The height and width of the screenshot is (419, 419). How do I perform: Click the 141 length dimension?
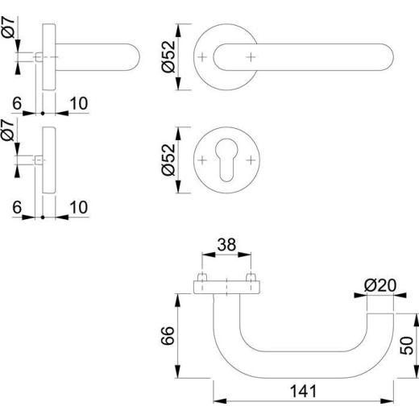pyautogui.click(x=303, y=392)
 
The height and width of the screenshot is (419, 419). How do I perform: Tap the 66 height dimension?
pyautogui.click(x=168, y=336)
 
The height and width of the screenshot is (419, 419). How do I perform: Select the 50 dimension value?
pyautogui.click(x=406, y=346)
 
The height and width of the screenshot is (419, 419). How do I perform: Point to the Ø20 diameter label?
pyautogui.click(x=380, y=285)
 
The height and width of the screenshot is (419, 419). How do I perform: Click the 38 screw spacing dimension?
pyautogui.click(x=226, y=245)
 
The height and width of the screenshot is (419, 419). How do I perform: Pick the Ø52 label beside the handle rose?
pyautogui.click(x=168, y=56)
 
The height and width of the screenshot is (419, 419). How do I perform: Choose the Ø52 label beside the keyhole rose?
pyautogui.click(x=168, y=160)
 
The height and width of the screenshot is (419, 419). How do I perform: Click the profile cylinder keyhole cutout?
pyautogui.click(x=226, y=160)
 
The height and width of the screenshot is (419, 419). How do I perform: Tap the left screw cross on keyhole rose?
pyautogui.click(x=202, y=160)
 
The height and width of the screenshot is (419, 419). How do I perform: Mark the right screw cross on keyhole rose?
pyautogui.click(x=251, y=160)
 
